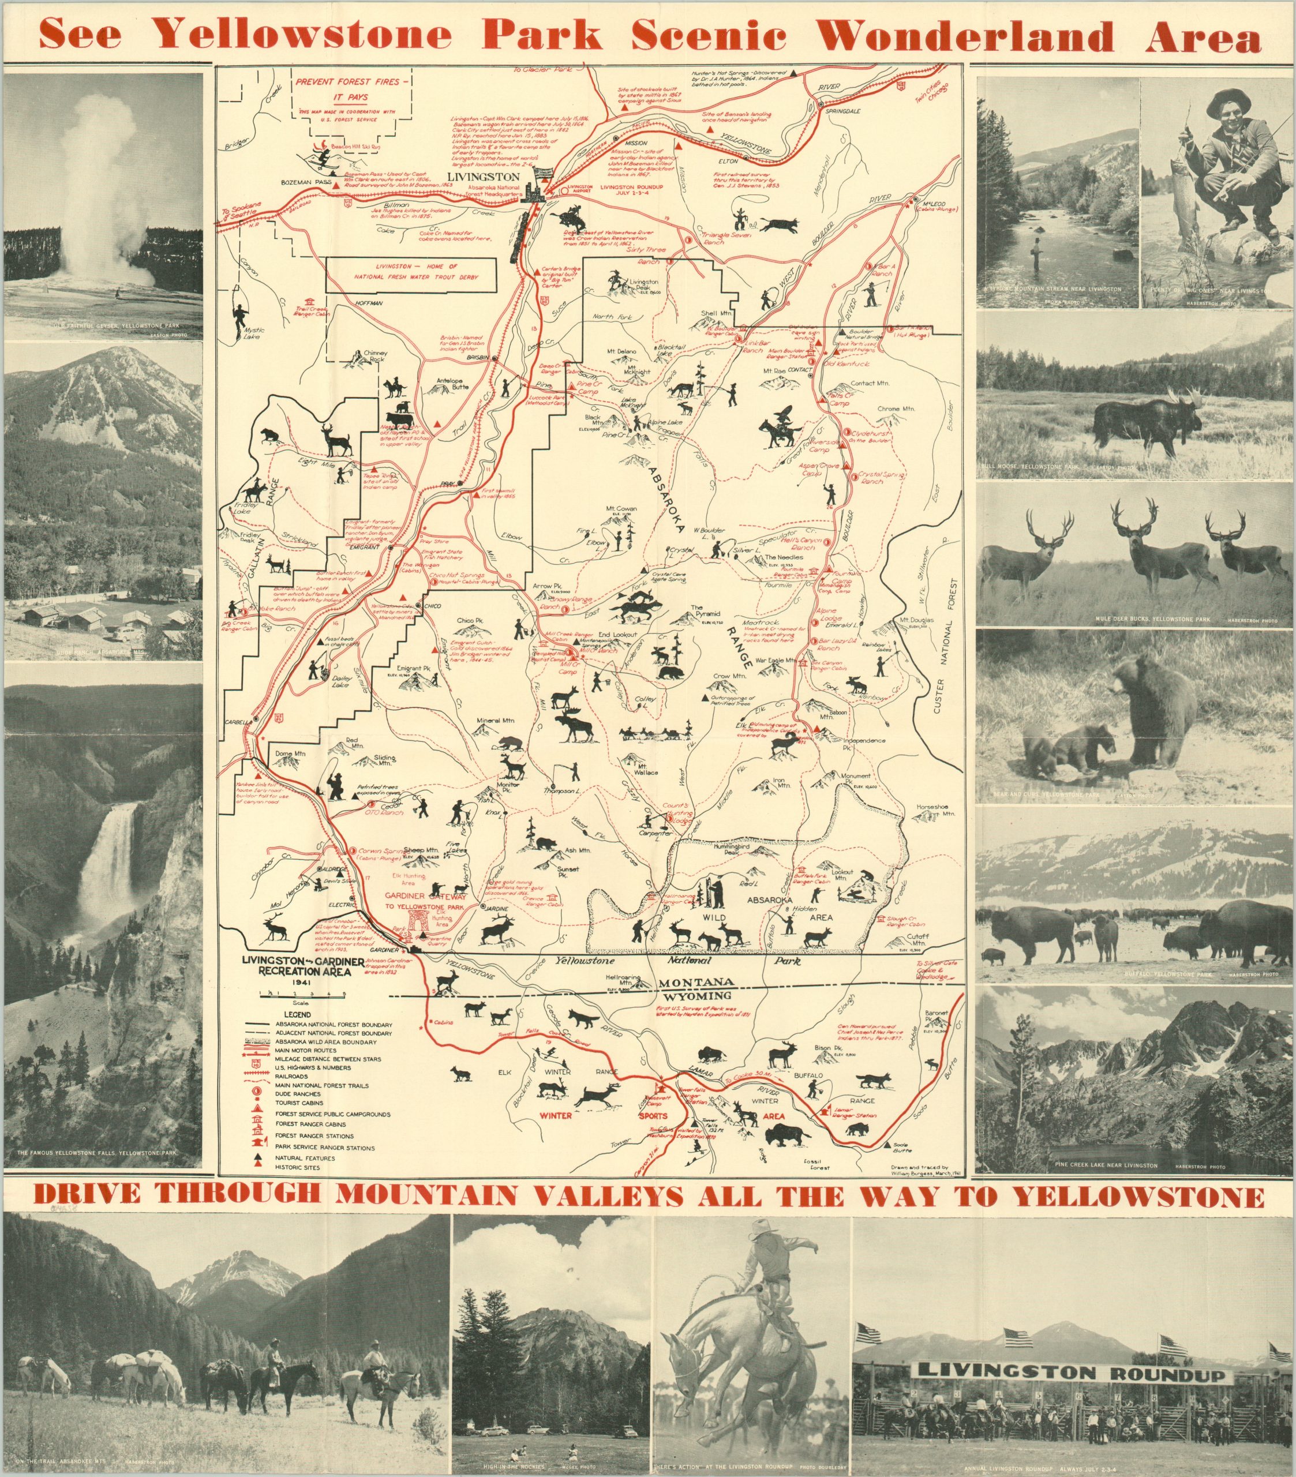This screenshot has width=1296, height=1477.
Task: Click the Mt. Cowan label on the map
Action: pos(621,509)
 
